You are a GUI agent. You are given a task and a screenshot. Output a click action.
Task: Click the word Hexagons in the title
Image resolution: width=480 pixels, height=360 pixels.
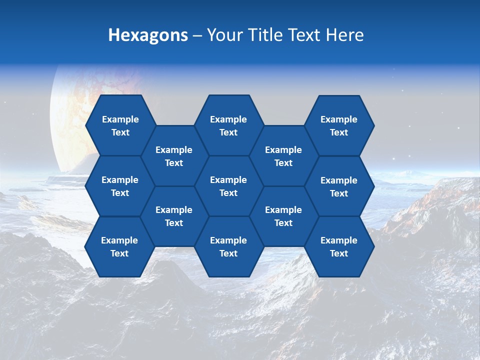(148, 35)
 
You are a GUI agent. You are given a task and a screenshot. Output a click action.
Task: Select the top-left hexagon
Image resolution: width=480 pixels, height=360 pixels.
(120, 125)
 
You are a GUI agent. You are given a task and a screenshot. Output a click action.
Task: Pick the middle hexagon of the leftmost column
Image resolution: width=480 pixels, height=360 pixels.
(120, 186)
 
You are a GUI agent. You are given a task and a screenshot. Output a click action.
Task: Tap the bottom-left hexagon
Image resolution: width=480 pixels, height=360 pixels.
(119, 246)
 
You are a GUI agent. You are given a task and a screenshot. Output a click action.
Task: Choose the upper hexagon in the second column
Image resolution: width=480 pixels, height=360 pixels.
(174, 156)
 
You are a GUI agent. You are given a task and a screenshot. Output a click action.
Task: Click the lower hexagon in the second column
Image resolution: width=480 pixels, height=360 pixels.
(174, 216)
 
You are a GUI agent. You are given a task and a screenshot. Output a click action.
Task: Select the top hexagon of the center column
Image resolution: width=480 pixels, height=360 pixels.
(228, 125)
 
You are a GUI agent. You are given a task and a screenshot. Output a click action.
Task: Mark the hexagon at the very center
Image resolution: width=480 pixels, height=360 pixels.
(228, 186)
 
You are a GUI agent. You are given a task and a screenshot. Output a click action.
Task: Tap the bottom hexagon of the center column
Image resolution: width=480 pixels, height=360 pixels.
(228, 246)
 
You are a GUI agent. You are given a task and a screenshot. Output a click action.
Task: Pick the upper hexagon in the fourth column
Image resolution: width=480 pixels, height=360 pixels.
(283, 156)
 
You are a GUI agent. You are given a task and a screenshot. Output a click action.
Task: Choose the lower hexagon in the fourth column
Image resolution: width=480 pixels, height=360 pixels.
(283, 216)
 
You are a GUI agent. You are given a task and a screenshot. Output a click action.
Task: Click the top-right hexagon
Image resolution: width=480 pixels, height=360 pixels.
(339, 125)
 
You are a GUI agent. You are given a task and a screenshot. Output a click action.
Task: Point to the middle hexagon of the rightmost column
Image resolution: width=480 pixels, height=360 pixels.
(339, 186)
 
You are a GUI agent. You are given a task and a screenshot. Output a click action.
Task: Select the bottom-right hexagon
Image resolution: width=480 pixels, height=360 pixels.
(339, 246)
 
